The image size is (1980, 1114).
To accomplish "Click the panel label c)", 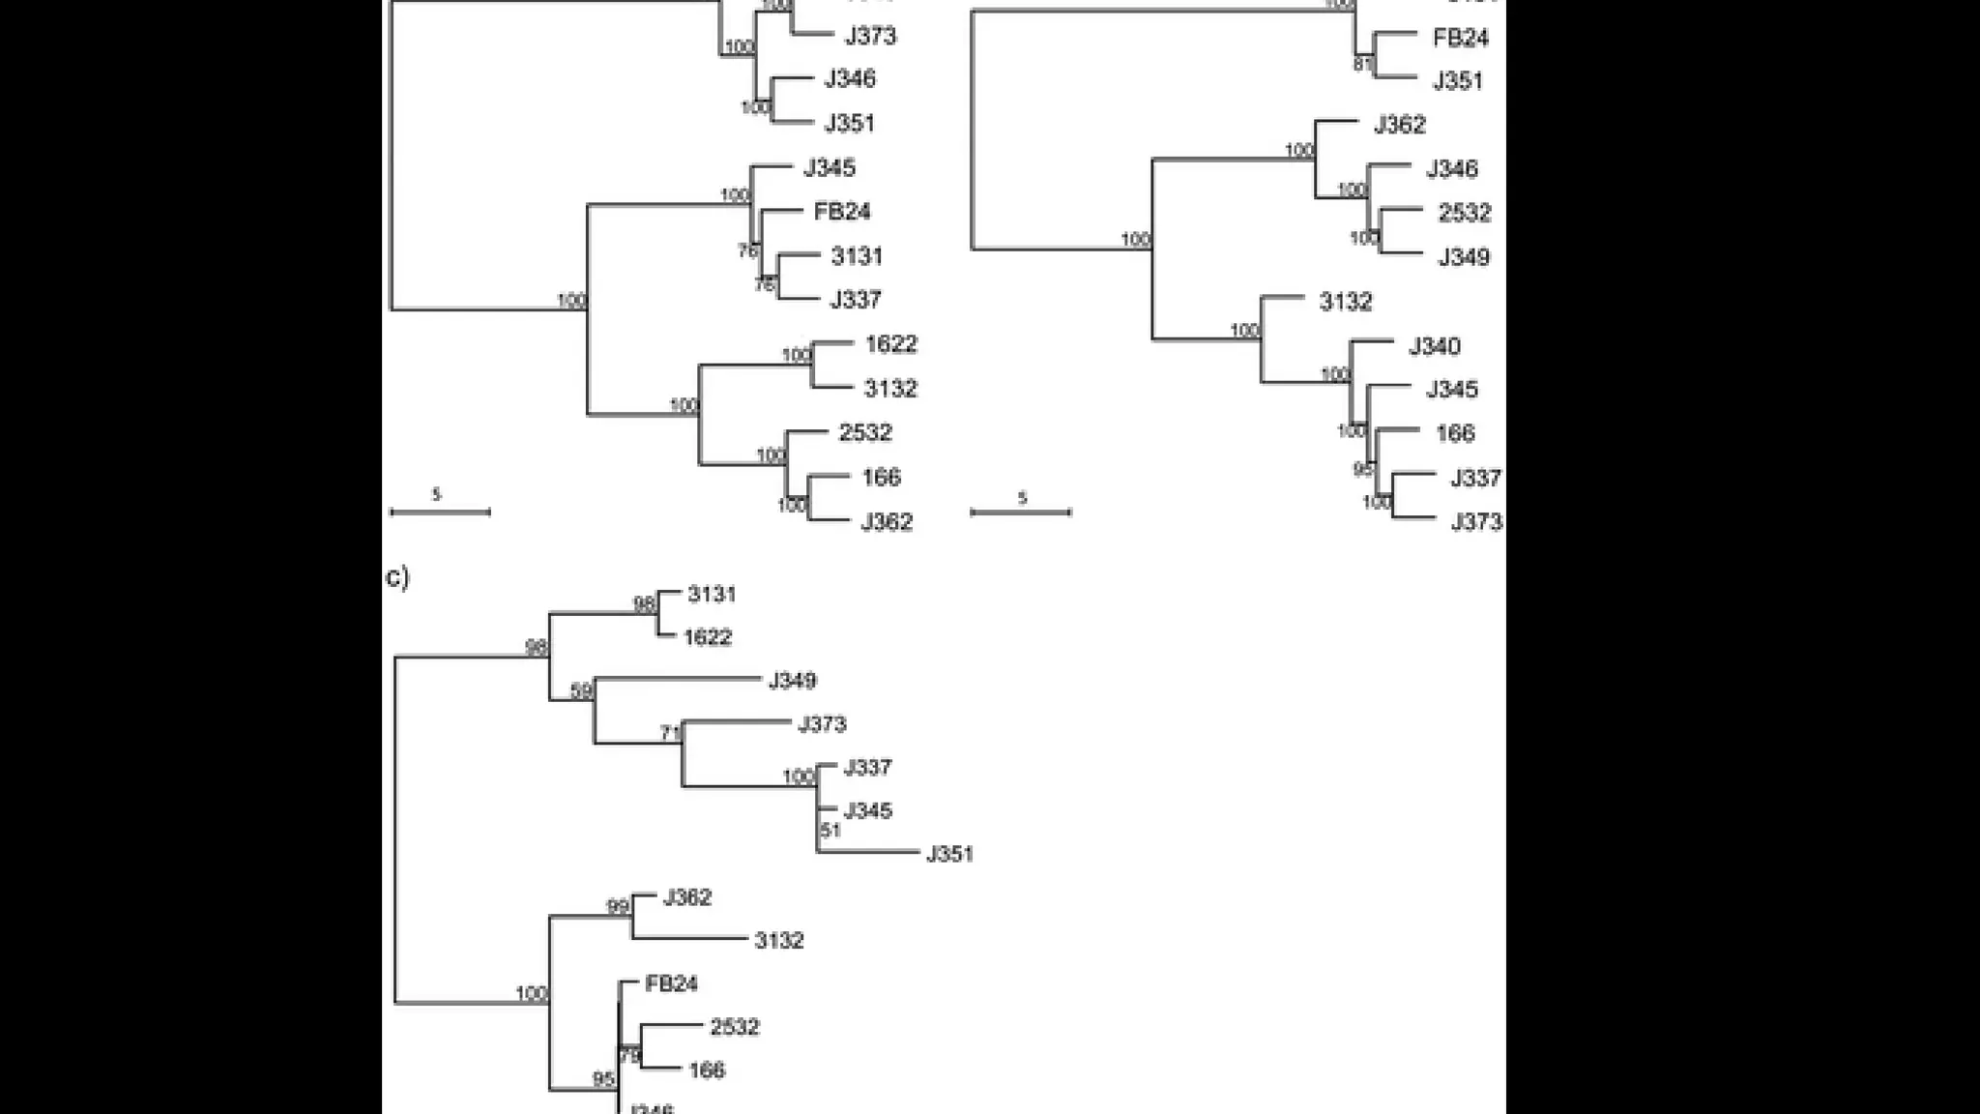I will pos(397,577).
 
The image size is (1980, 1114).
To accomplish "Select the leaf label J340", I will pos(1434,346).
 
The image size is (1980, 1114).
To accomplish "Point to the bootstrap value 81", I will pos(1362,65).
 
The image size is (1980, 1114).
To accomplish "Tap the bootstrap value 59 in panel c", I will pos(581,690).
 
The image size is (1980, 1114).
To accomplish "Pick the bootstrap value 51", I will pos(830,830).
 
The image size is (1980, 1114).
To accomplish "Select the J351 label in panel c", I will pos(949,854).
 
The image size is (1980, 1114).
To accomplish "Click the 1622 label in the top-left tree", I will pos(890,344).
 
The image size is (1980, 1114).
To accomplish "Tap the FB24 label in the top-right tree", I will pos(1460,38).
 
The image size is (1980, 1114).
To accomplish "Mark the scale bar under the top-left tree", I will pos(440,512).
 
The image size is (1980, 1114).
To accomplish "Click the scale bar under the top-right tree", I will pos(1021,512).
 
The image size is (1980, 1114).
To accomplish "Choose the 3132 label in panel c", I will pos(778,940).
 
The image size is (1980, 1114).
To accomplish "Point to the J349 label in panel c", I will pos(792,681).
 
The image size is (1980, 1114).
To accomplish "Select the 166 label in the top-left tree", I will pos(881,477).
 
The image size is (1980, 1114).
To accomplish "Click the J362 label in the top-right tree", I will pos(1399,125).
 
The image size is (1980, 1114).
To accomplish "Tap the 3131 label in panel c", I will pos(712,594).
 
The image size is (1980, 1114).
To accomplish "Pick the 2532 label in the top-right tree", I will pos(1464,213).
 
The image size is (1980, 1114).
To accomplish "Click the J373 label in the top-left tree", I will pos(870,37).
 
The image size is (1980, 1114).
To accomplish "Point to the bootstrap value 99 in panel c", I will pos(618,906).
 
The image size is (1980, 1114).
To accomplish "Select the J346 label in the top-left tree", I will pos(849,78).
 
